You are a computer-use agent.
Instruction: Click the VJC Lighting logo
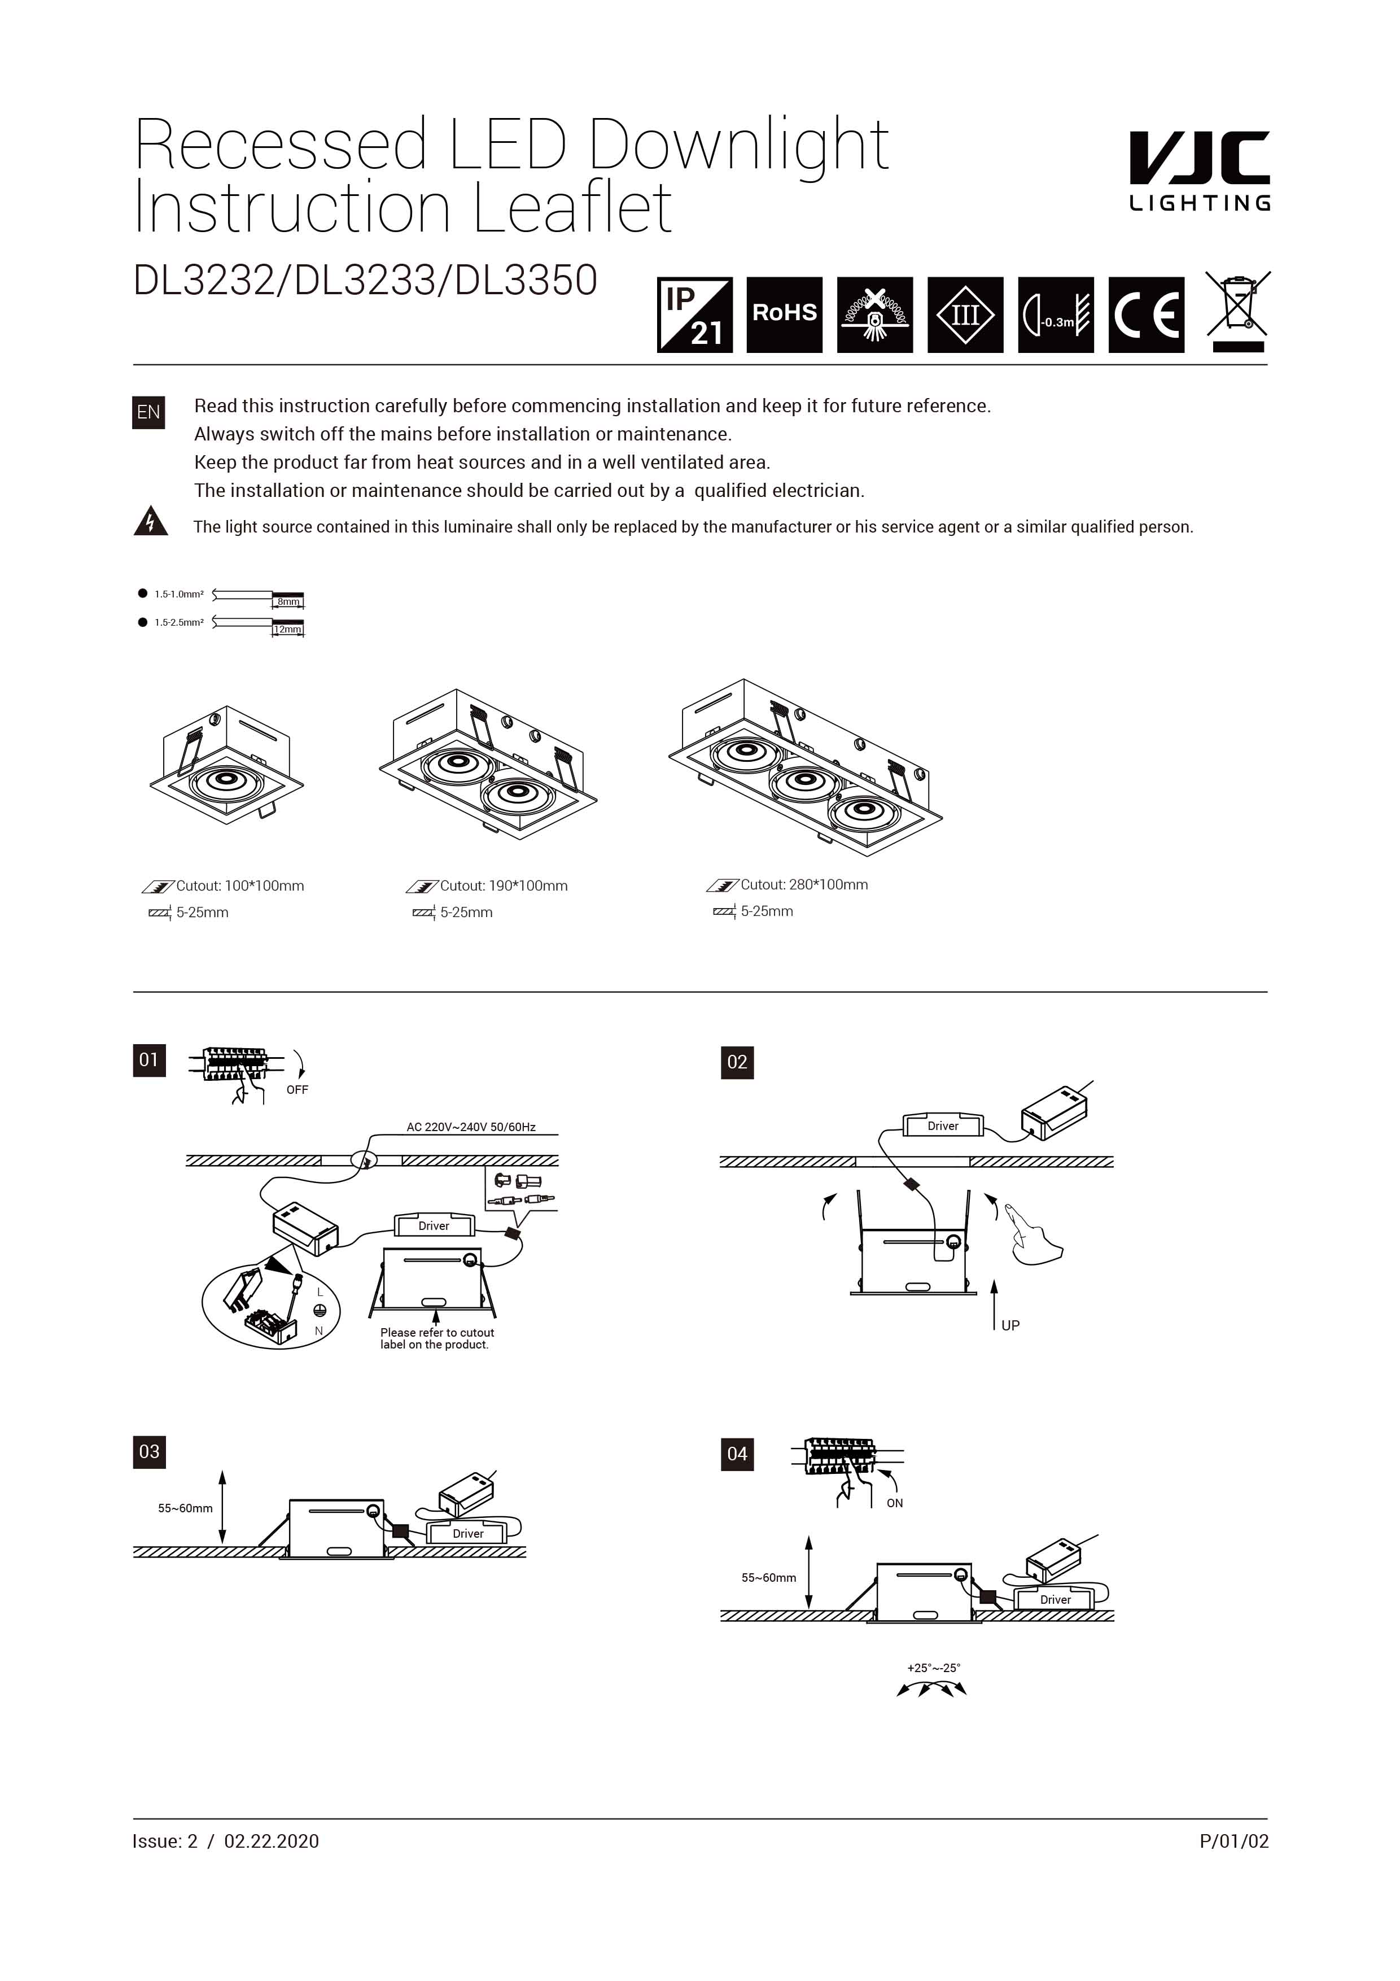pyautogui.click(x=1199, y=171)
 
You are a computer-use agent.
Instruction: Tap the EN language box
pyautogui.click(x=148, y=412)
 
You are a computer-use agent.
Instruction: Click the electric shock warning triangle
pyautogui.click(x=150, y=522)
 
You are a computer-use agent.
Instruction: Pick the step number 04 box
pyautogui.click(x=737, y=1454)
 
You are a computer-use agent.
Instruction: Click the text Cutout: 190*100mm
pyautogui.click(x=503, y=886)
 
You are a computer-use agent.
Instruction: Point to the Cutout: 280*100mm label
pyautogui.click(x=803, y=884)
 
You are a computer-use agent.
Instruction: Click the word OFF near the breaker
pyautogui.click(x=297, y=1090)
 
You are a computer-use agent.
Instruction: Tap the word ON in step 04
pyautogui.click(x=895, y=1503)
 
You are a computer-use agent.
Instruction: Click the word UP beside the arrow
pyautogui.click(x=1010, y=1325)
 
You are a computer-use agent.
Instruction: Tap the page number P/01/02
pyautogui.click(x=1233, y=1841)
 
